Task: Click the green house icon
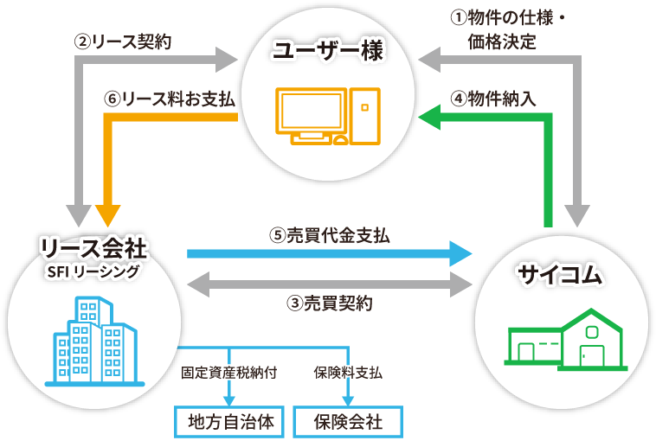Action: coord(565,340)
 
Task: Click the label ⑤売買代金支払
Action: coord(329,234)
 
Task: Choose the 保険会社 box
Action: coord(349,422)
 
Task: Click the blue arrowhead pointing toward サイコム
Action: coord(461,253)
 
